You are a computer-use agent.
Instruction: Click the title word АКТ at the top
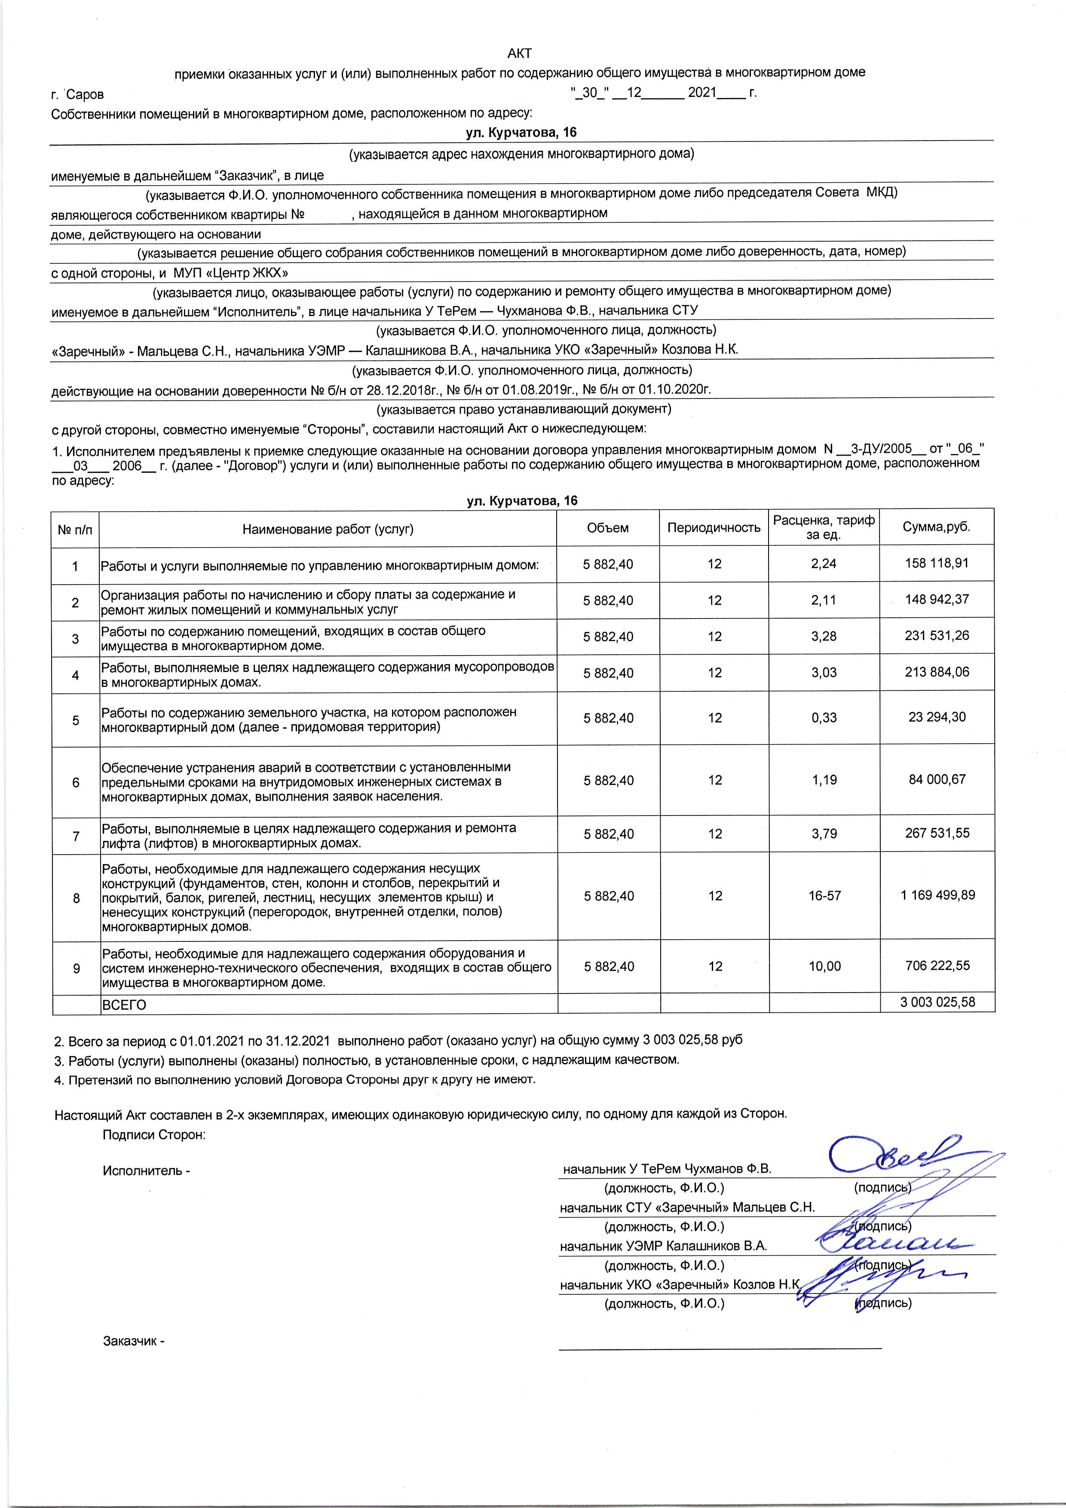point(520,53)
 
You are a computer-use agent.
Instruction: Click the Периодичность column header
point(714,527)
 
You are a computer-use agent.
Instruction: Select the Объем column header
point(607,527)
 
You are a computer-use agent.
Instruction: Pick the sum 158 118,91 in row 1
point(937,563)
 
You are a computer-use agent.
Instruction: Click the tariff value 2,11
point(824,600)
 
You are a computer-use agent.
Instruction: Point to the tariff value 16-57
point(824,896)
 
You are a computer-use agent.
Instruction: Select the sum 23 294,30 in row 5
point(937,717)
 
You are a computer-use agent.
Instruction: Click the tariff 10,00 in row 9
point(824,966)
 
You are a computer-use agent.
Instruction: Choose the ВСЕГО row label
point(123,1005)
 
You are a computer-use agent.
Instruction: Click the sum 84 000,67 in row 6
point(937,780)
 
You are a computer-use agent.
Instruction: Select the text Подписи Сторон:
point(154,1135)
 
